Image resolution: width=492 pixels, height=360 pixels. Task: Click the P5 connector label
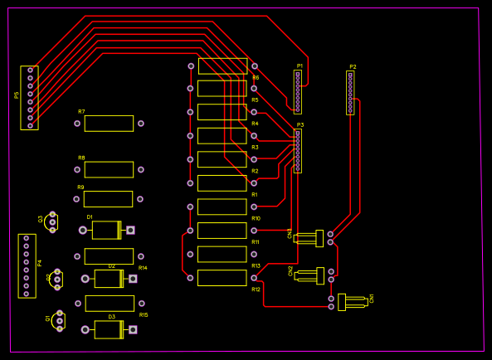point(17,95)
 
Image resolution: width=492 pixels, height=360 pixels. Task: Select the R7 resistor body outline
point(109,124)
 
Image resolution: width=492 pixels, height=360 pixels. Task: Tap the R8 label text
point(81,158)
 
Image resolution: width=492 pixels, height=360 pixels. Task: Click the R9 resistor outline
point(108,199)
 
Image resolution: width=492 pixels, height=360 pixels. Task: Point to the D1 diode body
point(106,230)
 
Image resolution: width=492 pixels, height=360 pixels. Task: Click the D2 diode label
point(111,266)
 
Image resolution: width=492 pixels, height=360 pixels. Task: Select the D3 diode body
point(109,329)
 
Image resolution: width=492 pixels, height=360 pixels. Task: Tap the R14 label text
point(143,268)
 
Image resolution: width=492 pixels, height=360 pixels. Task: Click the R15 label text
point(144,315)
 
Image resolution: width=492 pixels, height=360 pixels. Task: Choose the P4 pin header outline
point(27,265)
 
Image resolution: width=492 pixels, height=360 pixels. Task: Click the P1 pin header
point(298,91)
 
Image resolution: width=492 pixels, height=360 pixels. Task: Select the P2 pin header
point(350,92)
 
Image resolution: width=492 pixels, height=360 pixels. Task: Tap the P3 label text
point(300,124)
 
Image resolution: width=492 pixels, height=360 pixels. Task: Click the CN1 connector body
point(352,302)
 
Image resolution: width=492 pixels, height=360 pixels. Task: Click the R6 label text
point(256,77)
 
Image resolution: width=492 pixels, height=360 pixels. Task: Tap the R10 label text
point(256,218)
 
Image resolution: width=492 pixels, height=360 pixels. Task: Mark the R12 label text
point(256,289)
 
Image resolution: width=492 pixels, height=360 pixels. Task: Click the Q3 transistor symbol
point(52,221)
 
